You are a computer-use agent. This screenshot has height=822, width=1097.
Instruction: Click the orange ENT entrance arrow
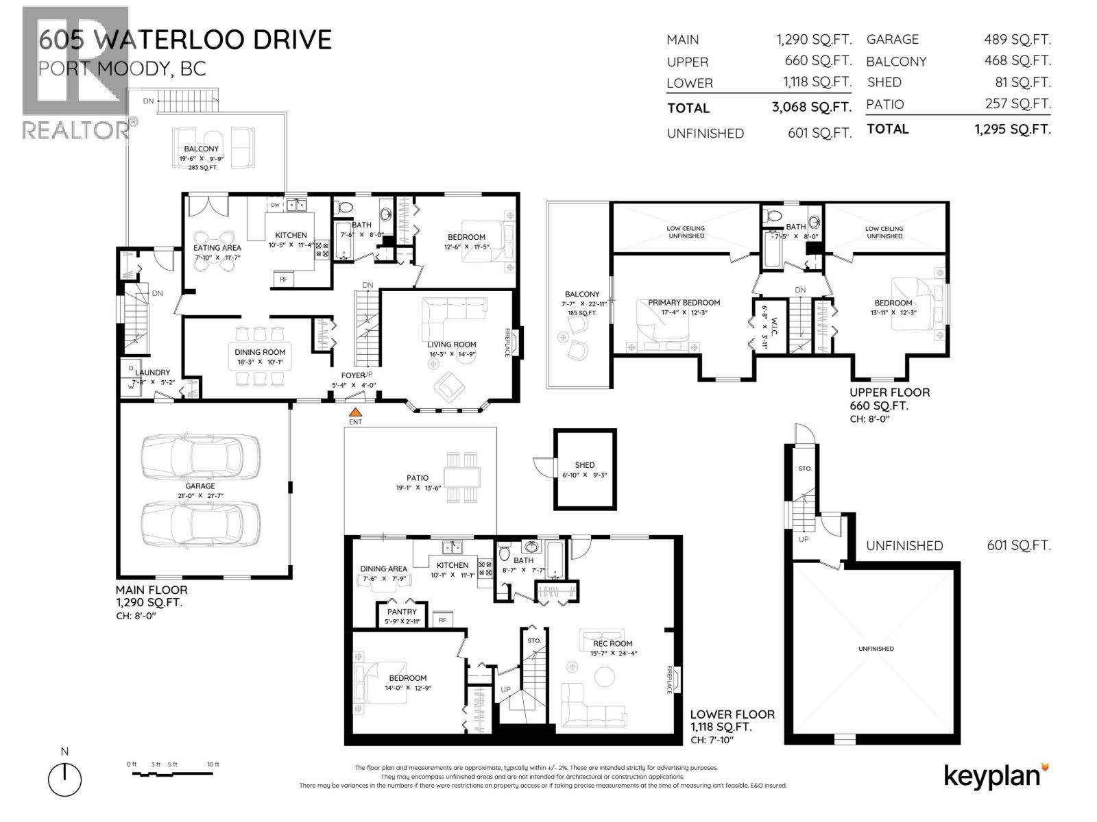(355, 412)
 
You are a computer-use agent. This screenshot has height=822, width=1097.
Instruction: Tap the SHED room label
(585, 464)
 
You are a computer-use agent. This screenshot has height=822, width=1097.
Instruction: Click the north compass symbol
(64, 779)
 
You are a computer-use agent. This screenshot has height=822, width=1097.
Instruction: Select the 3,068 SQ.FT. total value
(812, 108)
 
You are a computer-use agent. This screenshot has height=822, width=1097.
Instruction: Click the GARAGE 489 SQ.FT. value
(1017, 40)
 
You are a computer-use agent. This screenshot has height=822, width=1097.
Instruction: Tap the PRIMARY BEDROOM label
(684, 302)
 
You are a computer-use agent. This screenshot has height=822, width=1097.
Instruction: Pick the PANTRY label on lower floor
(402, 612)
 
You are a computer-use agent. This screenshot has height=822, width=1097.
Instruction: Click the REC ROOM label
(612, 643)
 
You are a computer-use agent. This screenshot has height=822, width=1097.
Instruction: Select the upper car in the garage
(200, 458)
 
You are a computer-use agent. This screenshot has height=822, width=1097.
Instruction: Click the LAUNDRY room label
(152, 373)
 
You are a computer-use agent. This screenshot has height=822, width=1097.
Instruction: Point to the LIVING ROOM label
(451, 345)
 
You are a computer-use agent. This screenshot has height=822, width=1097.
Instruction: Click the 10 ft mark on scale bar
(213, 764)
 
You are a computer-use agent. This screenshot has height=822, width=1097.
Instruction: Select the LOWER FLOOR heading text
(732, 714)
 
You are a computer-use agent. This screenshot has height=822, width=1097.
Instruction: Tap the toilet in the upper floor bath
(773, 215)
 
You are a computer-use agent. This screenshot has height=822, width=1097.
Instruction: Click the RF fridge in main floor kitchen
(283, 279)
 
